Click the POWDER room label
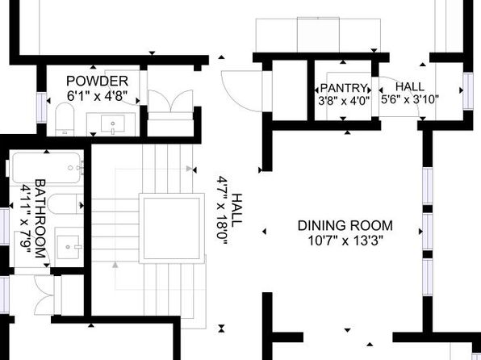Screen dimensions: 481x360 (97, 82)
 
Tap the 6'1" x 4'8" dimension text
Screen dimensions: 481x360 (97, 96)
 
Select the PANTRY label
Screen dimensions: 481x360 (344, 89)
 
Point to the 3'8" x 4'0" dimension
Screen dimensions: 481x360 (344, 101)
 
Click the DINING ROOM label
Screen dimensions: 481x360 (345, 225)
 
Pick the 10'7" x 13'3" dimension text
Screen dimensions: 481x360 (345, 241)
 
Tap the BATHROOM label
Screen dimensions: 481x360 (40, 219)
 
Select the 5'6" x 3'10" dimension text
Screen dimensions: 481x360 (410, 99)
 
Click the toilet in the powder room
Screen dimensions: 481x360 (65, 119)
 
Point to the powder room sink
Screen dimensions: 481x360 (113, 123)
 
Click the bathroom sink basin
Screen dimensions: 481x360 (69, 246)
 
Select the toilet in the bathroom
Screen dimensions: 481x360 (65, 203)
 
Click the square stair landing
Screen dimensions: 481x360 (172, 228)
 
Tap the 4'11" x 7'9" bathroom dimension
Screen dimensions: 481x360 (26, 220)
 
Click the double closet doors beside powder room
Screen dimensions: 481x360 (170, 101)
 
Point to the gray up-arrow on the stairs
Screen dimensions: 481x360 (115, 265)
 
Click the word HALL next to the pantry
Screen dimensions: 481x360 (410, 86)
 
